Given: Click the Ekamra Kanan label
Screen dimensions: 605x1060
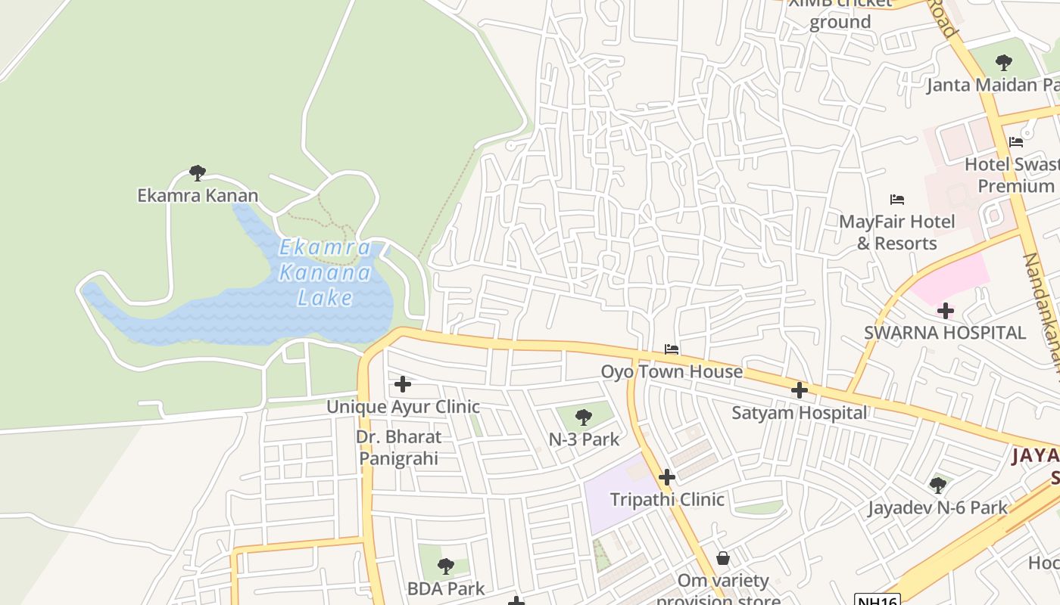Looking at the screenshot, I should [198, 195].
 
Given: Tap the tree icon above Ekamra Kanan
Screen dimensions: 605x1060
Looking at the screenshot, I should [198, 173].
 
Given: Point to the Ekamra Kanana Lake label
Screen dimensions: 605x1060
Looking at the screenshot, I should [326, 272].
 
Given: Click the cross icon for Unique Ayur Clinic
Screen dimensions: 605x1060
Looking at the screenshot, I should [403, 384].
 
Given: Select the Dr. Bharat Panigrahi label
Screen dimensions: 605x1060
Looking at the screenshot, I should [398, 447].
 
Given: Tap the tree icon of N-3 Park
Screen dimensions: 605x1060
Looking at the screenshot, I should [584, 417].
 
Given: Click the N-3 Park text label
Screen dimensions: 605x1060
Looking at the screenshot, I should [584, 439].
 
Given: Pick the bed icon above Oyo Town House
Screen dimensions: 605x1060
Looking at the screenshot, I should [671, 349].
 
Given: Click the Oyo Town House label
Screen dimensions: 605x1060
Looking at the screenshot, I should [682, 371].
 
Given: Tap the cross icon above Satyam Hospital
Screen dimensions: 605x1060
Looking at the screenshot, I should [799, 390].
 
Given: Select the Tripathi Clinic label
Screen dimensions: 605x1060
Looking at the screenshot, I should [667, 499].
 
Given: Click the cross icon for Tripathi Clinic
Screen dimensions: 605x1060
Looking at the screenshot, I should [666, 477].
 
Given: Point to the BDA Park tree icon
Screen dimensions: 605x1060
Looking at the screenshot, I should [446, 566].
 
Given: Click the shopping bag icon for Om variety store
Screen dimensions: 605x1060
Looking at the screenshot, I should [723, 559].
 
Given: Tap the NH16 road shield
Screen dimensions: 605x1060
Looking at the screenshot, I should [877, 600].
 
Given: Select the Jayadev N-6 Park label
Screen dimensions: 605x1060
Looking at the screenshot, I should [937, 507].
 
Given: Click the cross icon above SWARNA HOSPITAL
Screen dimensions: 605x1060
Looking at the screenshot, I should [945, 310].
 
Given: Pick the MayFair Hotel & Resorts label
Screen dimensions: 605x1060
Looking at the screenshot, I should [897, 232].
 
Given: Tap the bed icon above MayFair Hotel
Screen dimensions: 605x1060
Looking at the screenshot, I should [897, 200].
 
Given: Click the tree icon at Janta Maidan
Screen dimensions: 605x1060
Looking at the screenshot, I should [1004, 62].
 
